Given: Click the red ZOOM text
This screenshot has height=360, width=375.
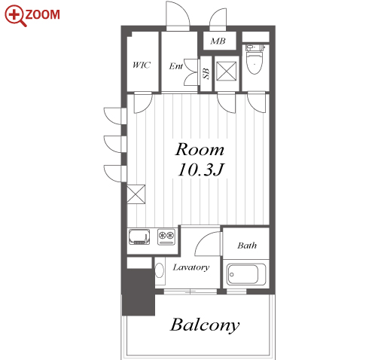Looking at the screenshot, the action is (x=43, y=14).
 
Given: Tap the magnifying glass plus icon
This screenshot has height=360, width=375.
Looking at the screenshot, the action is (x=15, y=16).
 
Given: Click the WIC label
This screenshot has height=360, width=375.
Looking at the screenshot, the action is (x=142, y=65).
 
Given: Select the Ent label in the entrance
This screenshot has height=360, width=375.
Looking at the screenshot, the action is (x=175, y=66).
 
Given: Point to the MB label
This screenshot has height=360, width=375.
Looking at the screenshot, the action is (x=218, y=41).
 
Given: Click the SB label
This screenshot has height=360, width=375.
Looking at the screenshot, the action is (x=206, y=74).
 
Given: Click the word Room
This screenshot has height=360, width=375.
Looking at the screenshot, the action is (x=200, y=150).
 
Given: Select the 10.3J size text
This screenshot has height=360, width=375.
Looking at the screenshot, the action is (x=200, y=169).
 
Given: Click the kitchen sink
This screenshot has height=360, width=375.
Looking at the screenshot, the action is (x=139, y=236).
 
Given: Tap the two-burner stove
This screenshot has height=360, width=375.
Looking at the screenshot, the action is (x=166, y=236).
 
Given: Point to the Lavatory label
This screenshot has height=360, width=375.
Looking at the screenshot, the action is (x=191, y=267).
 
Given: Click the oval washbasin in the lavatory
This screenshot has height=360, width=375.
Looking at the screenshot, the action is (x=159, y=270).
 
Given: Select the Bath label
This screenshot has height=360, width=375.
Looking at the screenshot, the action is (x=247, y=246).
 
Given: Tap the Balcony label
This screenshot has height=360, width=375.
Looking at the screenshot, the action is (x=205, y=325).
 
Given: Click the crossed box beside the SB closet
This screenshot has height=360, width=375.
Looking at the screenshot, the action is (x=226, y=72).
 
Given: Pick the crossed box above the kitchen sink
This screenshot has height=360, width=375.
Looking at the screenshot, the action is (x=136, y=194).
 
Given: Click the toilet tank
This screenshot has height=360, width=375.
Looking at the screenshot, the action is (x=255, y=47).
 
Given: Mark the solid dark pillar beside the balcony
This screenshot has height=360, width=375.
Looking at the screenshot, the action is (x=139, y=292).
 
